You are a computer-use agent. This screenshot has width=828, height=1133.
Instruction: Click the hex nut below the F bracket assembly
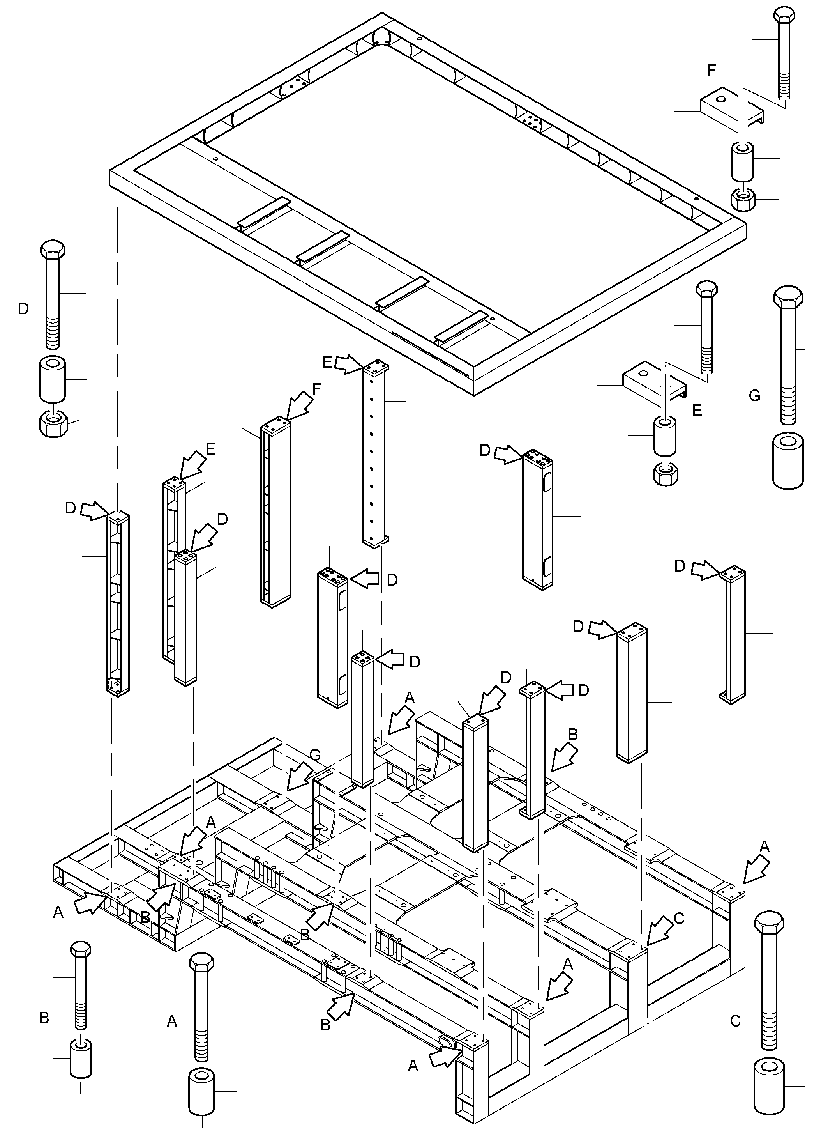[x=742, y=200]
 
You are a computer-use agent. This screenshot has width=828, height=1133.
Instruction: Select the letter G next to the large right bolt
[x=754, y=396]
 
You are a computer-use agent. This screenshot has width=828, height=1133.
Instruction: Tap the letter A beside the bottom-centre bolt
[x=172, y=1021]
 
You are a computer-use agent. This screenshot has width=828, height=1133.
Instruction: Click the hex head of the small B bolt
[x=81, y=949]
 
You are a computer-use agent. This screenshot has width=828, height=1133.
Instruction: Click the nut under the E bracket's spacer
[x=666, y=473]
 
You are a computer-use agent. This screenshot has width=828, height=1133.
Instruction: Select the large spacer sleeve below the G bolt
[x=788, y=461]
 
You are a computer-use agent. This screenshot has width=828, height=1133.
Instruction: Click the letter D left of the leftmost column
[x=70, y=508]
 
